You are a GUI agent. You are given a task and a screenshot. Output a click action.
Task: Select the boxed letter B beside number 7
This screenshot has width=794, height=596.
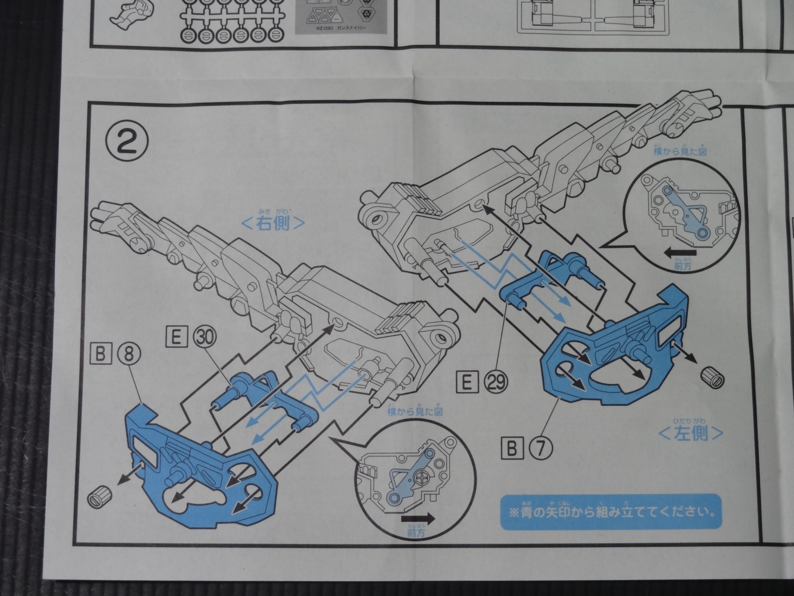(x=512, y=448)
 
